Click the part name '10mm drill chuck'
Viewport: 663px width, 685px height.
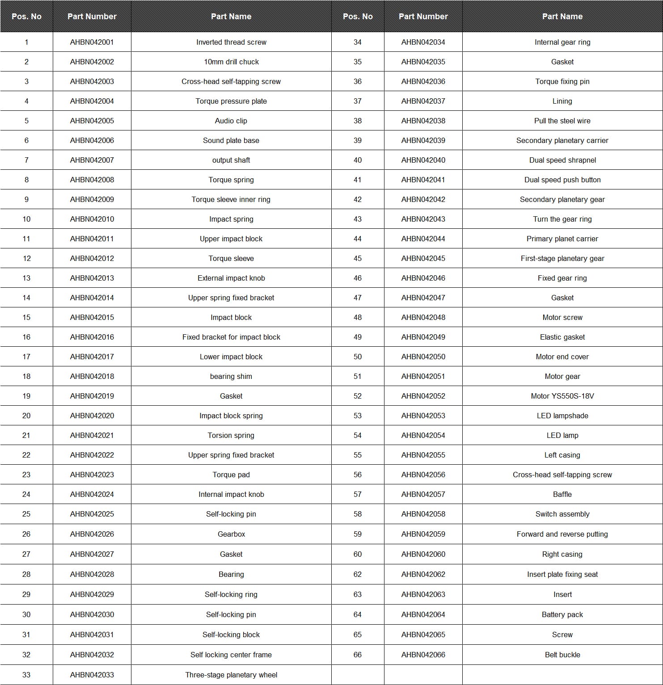click(x=231, y=62)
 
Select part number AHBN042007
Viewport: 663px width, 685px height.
click(x=92, y=160)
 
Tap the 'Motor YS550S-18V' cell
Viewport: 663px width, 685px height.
click(x=562, y=396)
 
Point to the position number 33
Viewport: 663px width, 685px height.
click(x=26, y=675)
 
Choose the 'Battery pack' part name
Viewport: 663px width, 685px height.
click(x=562, y=614)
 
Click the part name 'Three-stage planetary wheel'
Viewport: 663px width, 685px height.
click(x=231, y=675)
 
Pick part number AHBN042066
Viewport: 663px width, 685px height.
click(x=423, y=655)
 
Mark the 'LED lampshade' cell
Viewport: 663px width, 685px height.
click(x=562, y=416)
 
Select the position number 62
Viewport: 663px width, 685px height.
click(x=357, y=574)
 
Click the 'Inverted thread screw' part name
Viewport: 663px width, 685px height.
click(x=231, y=42)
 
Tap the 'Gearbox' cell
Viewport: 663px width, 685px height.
click(x=231, y=534)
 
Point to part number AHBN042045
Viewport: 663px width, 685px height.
click(x=423, y=258)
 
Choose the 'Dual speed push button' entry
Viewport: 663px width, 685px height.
click(x=562, y=180)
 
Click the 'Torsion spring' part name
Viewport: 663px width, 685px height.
click(x=231, y=435)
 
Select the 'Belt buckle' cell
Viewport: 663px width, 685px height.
click(x=562, y=655)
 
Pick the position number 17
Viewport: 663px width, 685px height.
click(x=26, y=357)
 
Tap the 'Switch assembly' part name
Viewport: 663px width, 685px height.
click(x=562, y=514)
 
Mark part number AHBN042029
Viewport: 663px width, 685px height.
click(x=92, y=594)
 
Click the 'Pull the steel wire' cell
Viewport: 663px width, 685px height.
click(x=562, y=121)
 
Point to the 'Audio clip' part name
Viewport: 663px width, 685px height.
click(x=231, y=121)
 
